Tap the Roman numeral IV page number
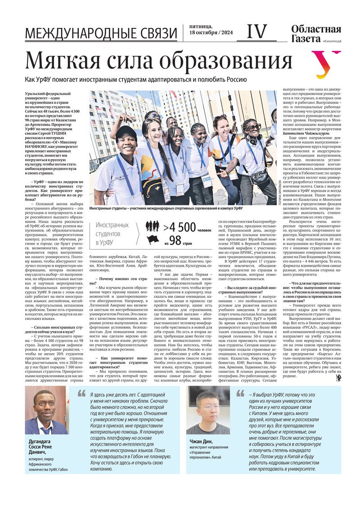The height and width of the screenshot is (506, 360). point(257,31)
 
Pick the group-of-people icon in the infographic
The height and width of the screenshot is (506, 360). point(153,226)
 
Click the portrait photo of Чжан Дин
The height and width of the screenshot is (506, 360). point(208,412)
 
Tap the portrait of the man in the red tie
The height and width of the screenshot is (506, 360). point(46,412)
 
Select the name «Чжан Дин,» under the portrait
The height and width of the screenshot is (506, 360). point(200,442)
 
